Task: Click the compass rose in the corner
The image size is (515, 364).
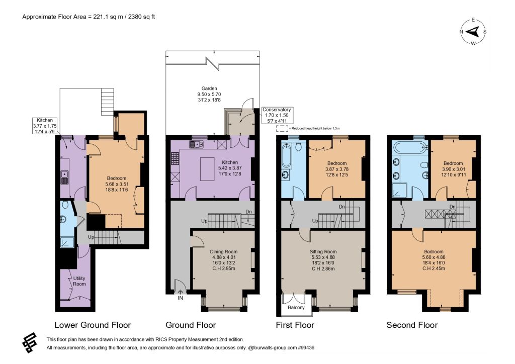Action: point(473,32)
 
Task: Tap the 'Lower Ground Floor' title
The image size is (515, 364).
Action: point(93,325)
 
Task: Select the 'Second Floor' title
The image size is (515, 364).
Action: point(412,325)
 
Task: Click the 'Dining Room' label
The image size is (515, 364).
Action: point(224,252)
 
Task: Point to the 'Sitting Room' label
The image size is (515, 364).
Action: point(323,252)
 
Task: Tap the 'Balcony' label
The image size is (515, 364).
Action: point(296,308)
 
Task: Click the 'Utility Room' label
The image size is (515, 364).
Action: point(79,281)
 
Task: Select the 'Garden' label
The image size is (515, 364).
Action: point(209,88)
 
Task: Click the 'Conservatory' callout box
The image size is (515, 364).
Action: point(277,115)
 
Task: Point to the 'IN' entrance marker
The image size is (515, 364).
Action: point(181,298)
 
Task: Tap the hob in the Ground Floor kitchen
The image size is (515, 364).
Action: point(175,159)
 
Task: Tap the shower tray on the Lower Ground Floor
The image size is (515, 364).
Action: point(67,242)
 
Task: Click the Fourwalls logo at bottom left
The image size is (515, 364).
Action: point(29,343)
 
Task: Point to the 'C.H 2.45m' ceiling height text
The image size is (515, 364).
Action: point(434,268)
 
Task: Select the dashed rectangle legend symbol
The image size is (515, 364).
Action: point(282,128)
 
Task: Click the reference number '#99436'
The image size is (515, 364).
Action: point(306,347)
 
